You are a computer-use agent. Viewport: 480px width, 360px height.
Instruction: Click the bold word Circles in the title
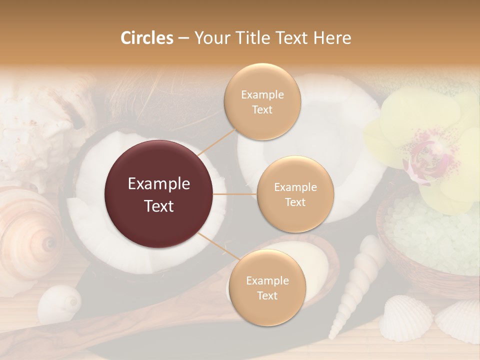coord(146,38)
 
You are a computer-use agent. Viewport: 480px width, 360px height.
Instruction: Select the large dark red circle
coord(159,194)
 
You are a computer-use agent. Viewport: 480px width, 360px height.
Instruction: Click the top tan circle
coord(262,102)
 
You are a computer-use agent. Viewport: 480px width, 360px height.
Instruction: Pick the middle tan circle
coord(295,194)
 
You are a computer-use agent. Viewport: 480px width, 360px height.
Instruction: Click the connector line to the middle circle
coord(235,194)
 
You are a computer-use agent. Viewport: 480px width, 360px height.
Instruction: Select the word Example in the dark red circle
coord(159,184)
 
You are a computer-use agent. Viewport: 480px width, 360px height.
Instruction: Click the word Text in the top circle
coord(262,110)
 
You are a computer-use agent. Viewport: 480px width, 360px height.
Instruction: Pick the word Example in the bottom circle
coord(267,281)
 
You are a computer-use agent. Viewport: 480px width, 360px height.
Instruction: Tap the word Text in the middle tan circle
coord(295,202)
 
